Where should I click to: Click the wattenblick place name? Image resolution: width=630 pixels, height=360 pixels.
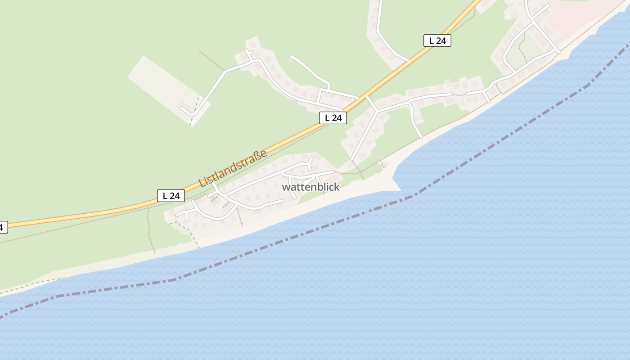(310, 187)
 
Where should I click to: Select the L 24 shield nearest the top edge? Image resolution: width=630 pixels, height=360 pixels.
(437, 40)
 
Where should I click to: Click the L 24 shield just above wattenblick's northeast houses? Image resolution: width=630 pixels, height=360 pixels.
(333, 118)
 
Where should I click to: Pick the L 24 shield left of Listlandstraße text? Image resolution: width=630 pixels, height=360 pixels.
(171, 196)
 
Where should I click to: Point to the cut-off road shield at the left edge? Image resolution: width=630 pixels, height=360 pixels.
(3, 227)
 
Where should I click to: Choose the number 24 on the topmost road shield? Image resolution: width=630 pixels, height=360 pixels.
(441, 40)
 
